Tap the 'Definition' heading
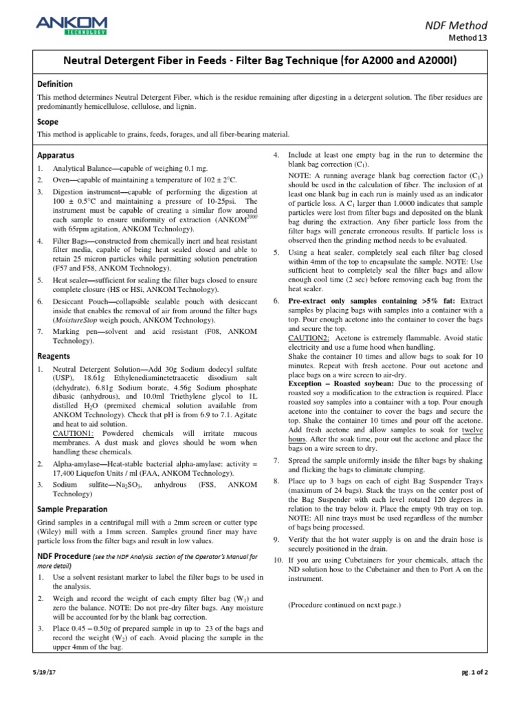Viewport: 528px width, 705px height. (55, 84)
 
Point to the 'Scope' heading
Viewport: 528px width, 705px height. (48, 121)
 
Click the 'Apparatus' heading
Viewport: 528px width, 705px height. (56, 156)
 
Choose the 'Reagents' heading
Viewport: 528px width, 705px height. (54, 356)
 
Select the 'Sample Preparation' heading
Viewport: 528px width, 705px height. (72, 509)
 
